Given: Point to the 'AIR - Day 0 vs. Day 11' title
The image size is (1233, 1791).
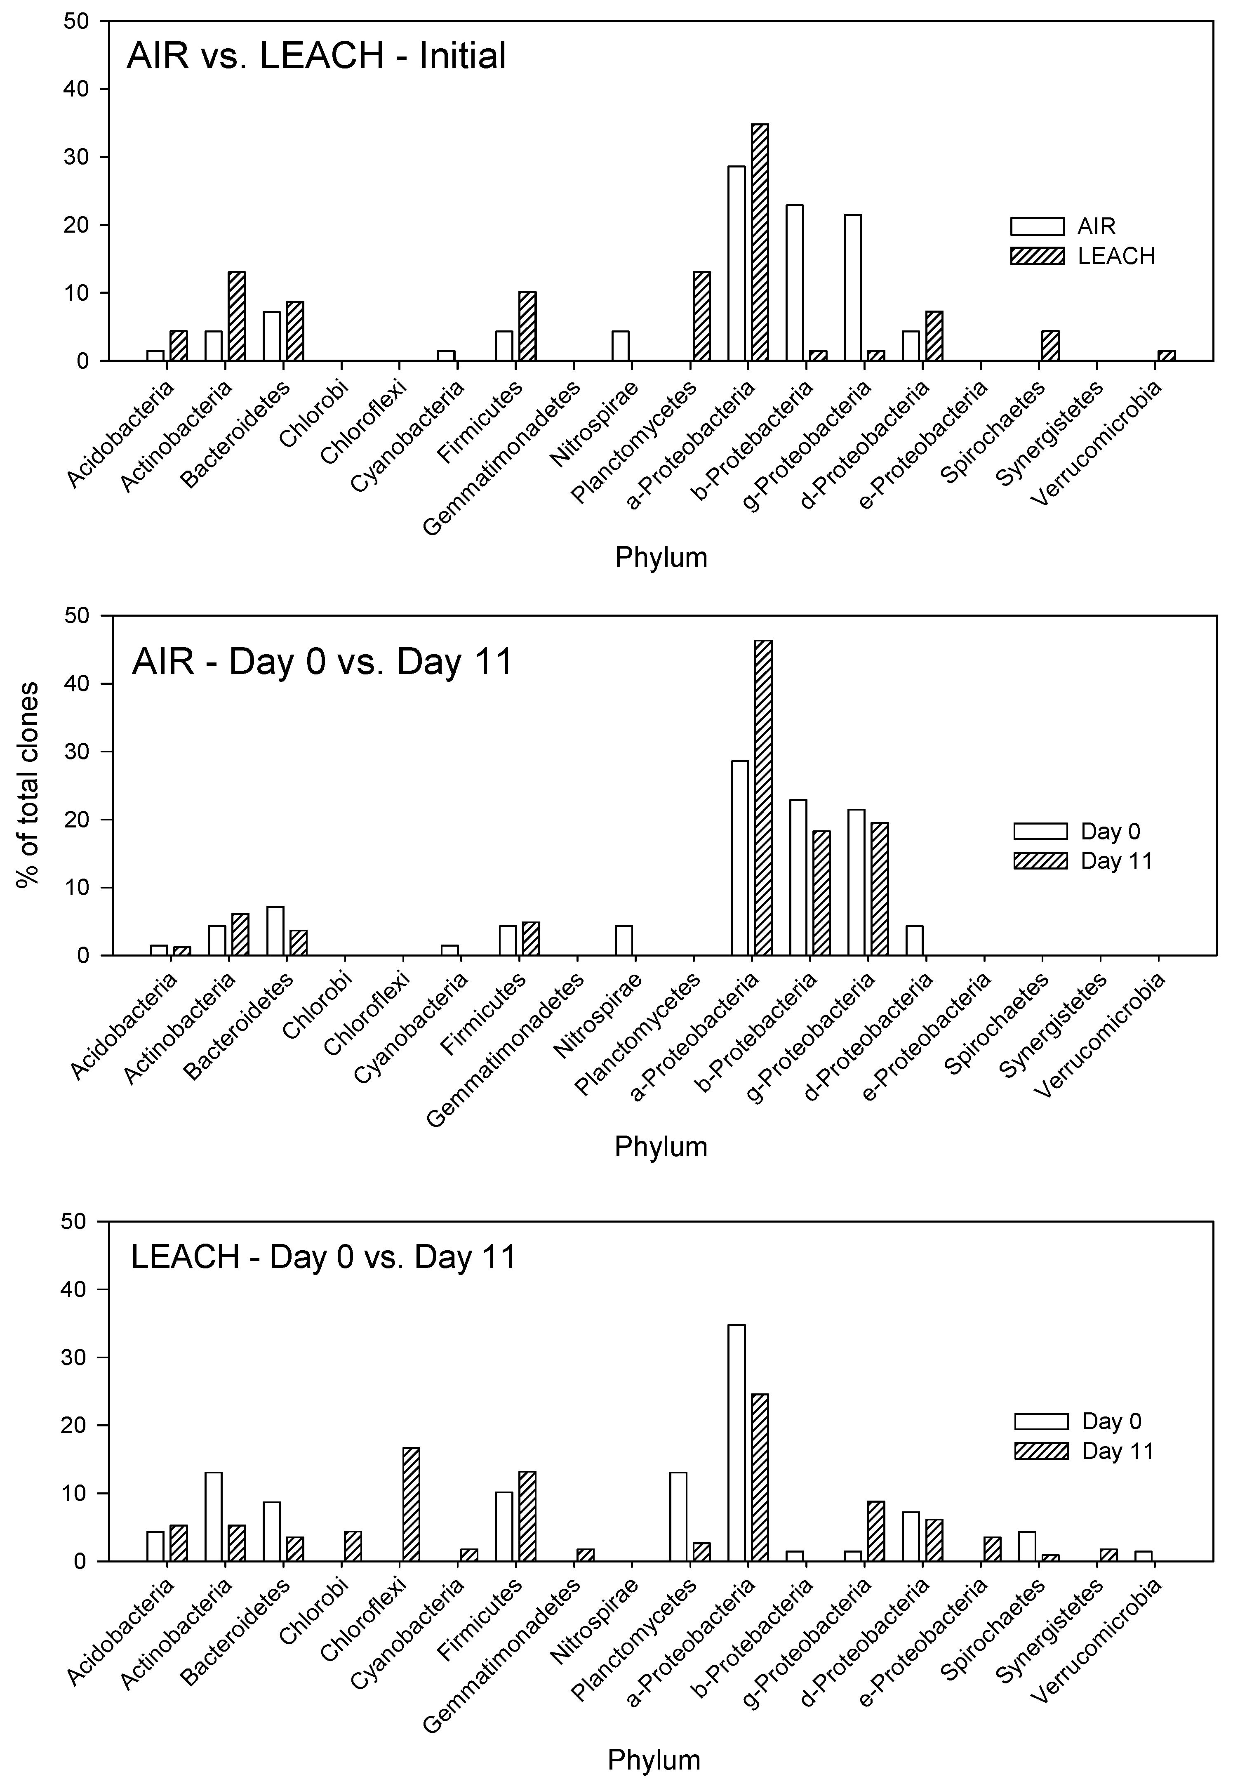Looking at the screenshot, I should pyautogui.click(x=322, y=662).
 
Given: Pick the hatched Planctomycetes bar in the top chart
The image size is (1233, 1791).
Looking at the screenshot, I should pyautogui.click(x=701, y=316).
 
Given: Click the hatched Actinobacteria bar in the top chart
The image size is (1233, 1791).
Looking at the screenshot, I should pyautogui.click(x=236, y=316).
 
